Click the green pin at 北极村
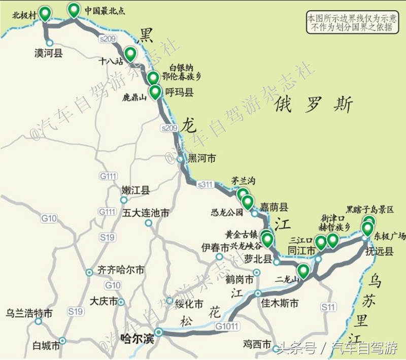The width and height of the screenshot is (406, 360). (x=45, y=13)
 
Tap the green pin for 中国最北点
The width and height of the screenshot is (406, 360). (x=74, y=10)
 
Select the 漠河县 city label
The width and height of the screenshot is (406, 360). (x=48, y=53)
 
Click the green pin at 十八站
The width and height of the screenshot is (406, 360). (x=130, y=53)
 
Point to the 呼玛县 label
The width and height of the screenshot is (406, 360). (x=179, y=92)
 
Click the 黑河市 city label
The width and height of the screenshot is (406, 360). (x=201, y=158)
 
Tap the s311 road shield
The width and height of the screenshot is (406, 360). (x=206, y=184)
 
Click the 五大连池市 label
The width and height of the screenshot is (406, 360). (x=146, y=213)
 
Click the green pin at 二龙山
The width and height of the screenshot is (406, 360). (x=303, y=271)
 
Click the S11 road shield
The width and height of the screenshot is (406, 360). (x=328, y=307)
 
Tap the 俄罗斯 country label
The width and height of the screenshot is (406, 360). (x=313, y=105)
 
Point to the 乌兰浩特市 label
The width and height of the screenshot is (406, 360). (x=29, y=313)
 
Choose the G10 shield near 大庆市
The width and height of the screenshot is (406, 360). (x=113, y=285)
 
